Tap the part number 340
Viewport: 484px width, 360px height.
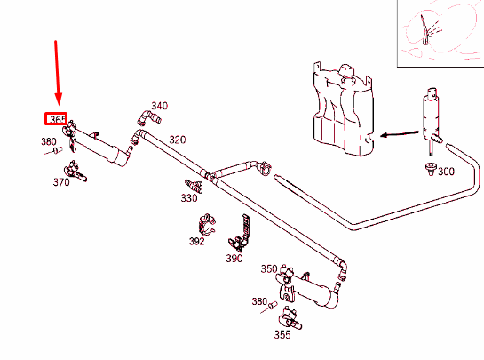(x=159, y=106)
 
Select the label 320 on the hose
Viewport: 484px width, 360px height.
(x=178, y=140)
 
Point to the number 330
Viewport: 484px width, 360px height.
(x=189, y=197)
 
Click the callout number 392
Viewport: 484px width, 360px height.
(x=197, y=241)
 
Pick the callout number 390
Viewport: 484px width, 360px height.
(x=234, y=259)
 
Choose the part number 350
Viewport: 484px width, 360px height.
(x=269, y=268)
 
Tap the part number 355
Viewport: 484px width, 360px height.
(x=282, y=334)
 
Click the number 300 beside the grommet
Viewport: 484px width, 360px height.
(x=447, y=172)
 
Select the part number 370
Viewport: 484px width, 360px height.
(x=61, y=182)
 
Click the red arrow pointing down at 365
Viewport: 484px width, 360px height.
(x=58, y=73)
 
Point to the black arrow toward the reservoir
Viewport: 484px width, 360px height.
(x=400, y=134)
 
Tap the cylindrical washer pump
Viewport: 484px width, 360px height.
(x=432, y=121)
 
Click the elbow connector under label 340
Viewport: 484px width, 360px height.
(x=149, y=118)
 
